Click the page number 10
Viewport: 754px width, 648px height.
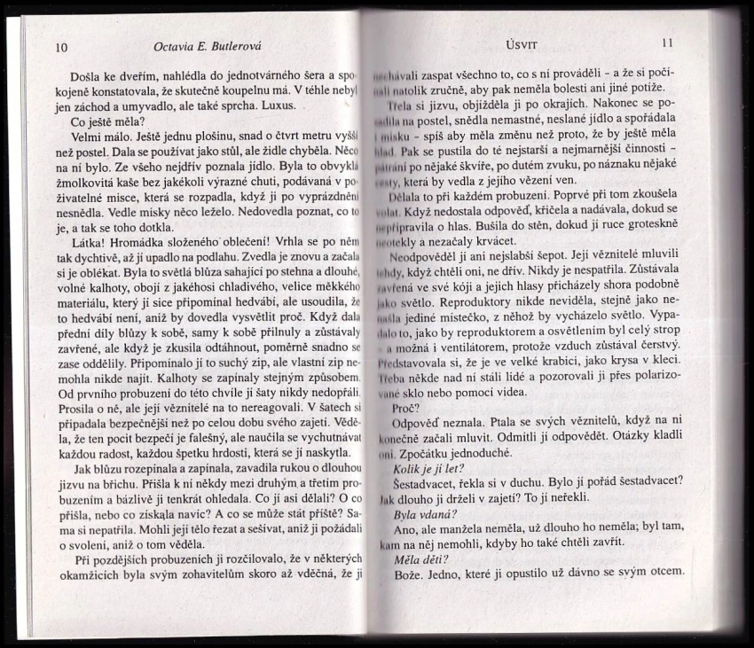[x=60, y=47]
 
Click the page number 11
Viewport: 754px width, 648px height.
[x=668, y=43]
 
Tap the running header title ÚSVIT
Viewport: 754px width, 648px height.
[x=514, y=43]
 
